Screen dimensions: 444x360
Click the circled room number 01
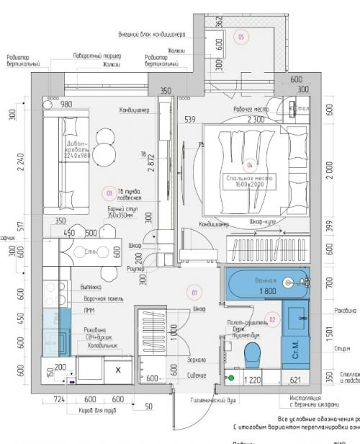tap(194, 293)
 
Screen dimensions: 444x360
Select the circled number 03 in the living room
tap(109, 192)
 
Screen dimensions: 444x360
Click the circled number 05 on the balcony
tap(241, 36)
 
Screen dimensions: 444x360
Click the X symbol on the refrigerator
tap(117, 369)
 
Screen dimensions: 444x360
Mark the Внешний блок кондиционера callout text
tap(153, 33)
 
